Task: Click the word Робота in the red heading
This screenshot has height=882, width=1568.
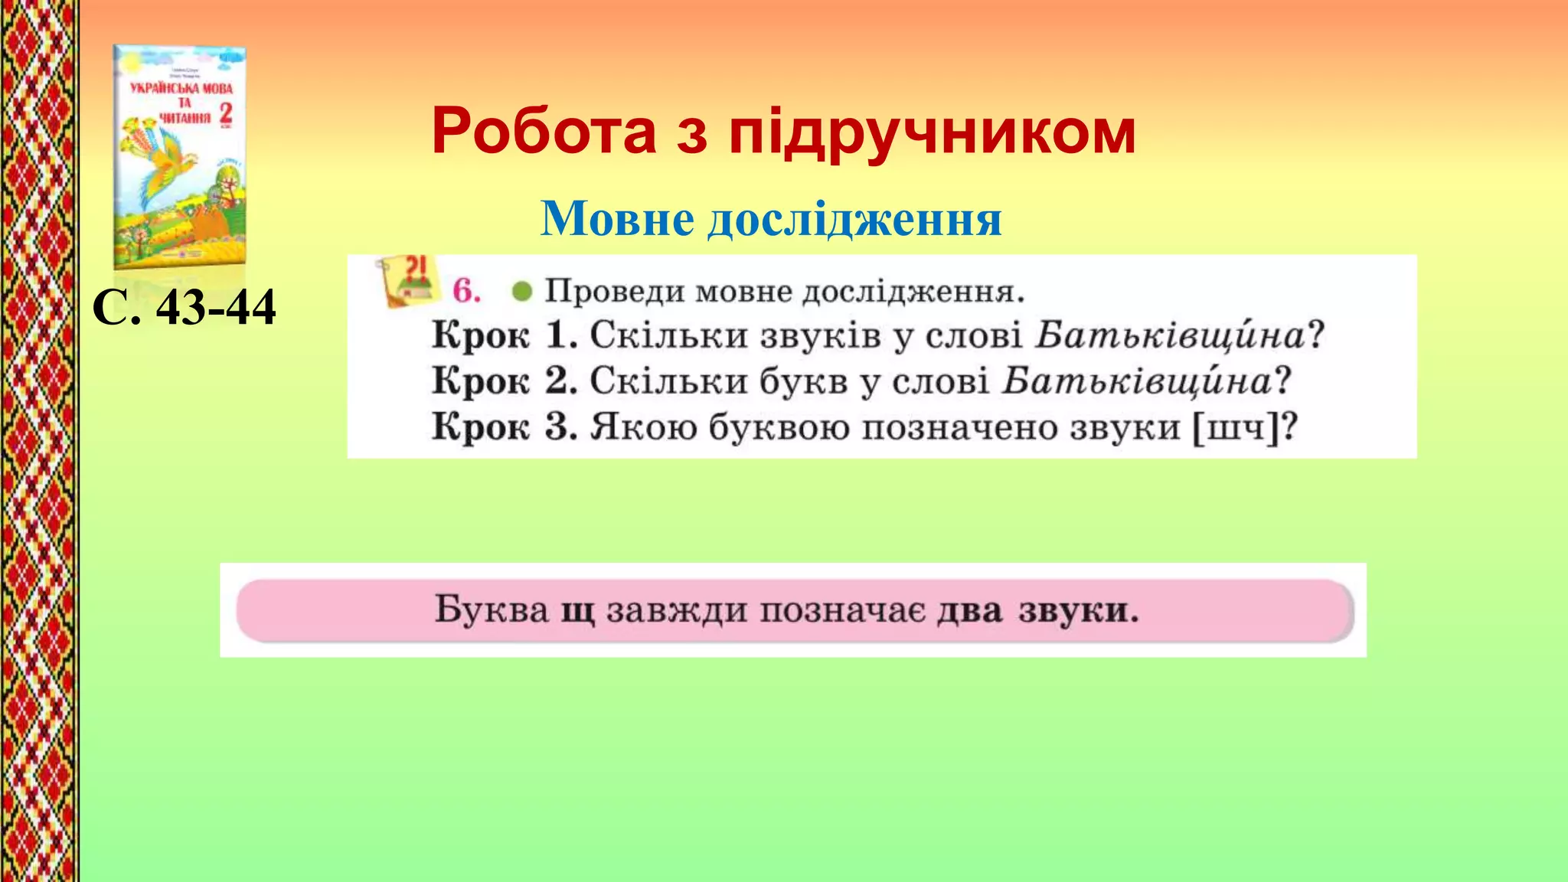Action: click(544, 132)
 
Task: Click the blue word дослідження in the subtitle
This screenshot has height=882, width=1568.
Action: click(854, 220)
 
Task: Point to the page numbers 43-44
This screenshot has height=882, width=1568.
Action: click(215, 308)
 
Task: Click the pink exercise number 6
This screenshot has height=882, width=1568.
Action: click(466, 291)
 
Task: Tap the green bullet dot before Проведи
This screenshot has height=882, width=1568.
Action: click(522, 292)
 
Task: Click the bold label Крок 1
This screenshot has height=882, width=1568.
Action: click(504, 335)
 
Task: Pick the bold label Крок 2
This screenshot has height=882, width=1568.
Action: click(504, 381)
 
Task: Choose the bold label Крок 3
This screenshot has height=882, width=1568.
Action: click(504, 426)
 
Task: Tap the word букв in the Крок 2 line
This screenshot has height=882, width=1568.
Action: click(803, 381)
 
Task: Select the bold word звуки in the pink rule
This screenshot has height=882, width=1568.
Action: click(1078, 611)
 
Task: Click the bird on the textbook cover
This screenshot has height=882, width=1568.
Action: click(172, 157)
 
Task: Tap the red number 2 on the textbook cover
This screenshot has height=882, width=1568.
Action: click(225, 115)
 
